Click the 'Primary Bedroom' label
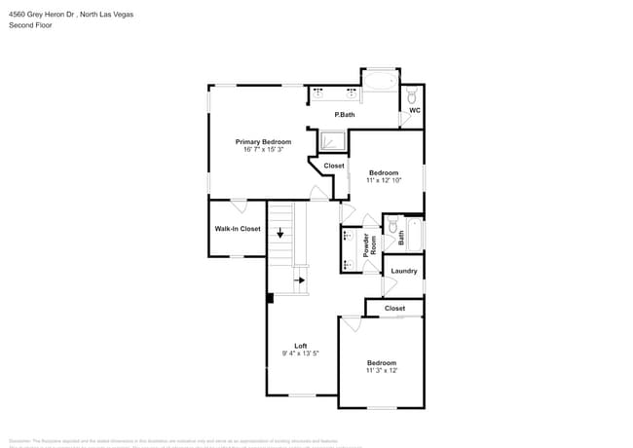click(263, 141)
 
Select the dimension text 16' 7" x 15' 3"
click(263, 149)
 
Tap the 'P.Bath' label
click(345, 115)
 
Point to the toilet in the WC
click(412, 95)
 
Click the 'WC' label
click(414, 110)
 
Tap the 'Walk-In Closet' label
click(238, 229)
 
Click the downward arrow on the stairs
click(280, 233)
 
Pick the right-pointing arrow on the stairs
click(300, 280)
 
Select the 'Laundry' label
click(404, 271)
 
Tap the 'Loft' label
click(301, 346)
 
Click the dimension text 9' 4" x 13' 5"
click(301, 354)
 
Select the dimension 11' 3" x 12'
click(381, 370)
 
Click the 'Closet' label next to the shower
click(334, 166)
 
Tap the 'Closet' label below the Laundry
click(394, 308)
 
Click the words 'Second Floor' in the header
click(30, 25)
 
